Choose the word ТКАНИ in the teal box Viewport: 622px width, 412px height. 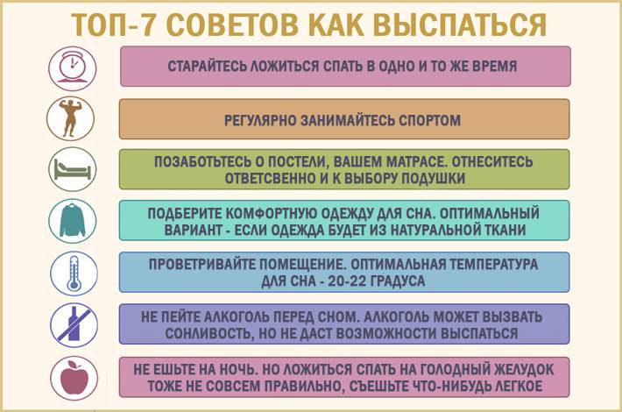503,230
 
